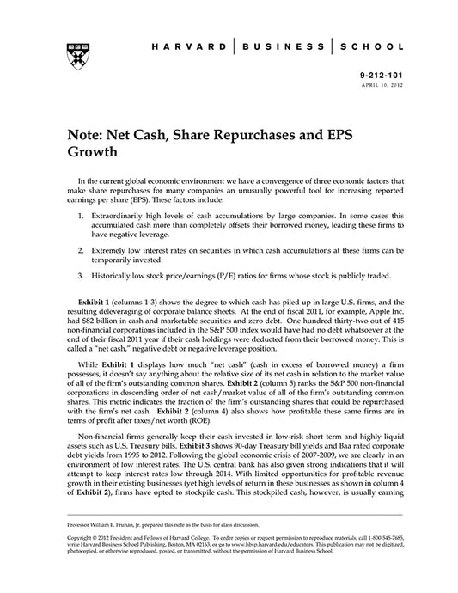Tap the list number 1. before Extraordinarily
click(80, 209)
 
